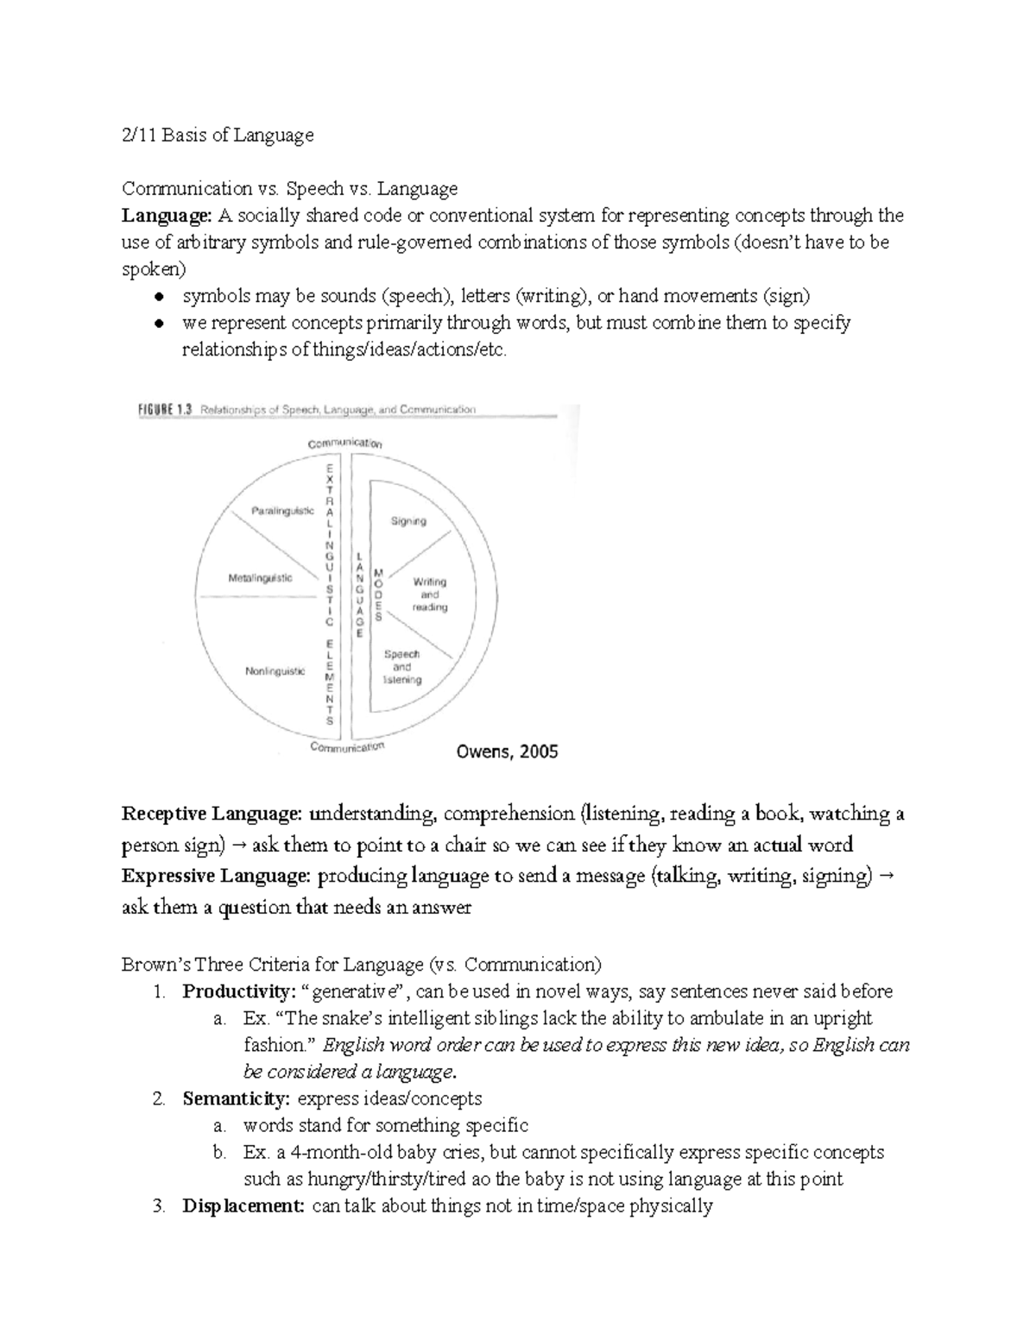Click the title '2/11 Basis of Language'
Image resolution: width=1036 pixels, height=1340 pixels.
pyautogui.click(x=218, y=135)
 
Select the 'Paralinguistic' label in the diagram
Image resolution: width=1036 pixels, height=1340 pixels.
pyautogui.click(x=282, y=511)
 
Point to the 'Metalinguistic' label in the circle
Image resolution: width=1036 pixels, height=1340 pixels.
pyautogui.click(x=260, y=578)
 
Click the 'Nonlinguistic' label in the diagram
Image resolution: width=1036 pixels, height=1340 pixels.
pyautogui.click(x=275, y=670)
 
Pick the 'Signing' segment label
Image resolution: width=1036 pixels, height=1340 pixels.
pyautogui.click(x=407, y=521)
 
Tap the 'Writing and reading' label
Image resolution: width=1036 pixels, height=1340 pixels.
pyautogui.click(x=429, y=595)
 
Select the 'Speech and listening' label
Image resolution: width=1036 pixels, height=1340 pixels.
pyautogui.click(x=401, y=667)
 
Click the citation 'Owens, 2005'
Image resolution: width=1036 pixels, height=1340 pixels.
pyautogui.click(x=506, y=752)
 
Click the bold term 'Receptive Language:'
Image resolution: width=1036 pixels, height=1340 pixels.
pyautogui.click(x=212, y=814)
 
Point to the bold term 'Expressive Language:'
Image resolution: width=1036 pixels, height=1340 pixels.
pyautogui.click(x=216, y=876)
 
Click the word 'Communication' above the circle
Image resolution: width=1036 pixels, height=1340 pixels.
pyautogui.click(x=345, y=443)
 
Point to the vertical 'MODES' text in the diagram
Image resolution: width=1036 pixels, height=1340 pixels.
pyautogui.click(x=378, y=595)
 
